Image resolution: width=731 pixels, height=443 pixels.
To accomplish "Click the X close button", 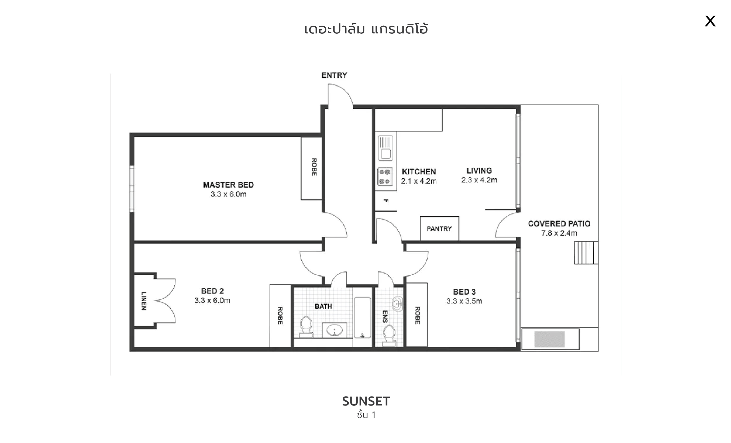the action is tap(710, 21).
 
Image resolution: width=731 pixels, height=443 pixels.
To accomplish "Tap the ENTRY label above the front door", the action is tap(334, 75).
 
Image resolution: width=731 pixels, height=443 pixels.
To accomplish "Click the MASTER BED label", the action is tap(228, 185).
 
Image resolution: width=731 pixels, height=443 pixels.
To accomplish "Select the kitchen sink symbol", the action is tap(385, 148).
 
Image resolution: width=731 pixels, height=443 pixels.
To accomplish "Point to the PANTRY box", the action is tap(439, 228).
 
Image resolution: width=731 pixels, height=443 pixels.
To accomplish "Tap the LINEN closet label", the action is tap(144, 300).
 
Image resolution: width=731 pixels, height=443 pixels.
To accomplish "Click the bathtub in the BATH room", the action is tap(363, 318).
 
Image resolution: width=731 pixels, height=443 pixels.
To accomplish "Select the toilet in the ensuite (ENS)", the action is tap(389, 336).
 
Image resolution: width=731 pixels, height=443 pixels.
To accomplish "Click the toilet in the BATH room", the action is tap(306, 327).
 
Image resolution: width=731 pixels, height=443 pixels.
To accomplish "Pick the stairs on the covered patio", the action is tap(586, 253).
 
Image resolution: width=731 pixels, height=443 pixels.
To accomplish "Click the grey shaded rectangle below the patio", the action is tap(549, 339).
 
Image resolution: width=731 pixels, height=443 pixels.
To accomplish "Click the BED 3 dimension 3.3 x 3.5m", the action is tap(464, 301).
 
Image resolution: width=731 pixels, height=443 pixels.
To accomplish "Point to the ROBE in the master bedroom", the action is tap(312, 168).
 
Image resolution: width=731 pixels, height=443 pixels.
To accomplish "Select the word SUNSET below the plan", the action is tap(366, 401).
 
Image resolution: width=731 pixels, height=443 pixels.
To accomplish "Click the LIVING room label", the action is tap(479, 171).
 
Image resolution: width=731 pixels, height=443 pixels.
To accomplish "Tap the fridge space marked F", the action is tap(386, 201).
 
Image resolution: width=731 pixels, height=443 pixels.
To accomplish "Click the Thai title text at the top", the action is tap(366, 29).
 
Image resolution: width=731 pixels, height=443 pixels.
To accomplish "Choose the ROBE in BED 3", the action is tap(417, 315).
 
